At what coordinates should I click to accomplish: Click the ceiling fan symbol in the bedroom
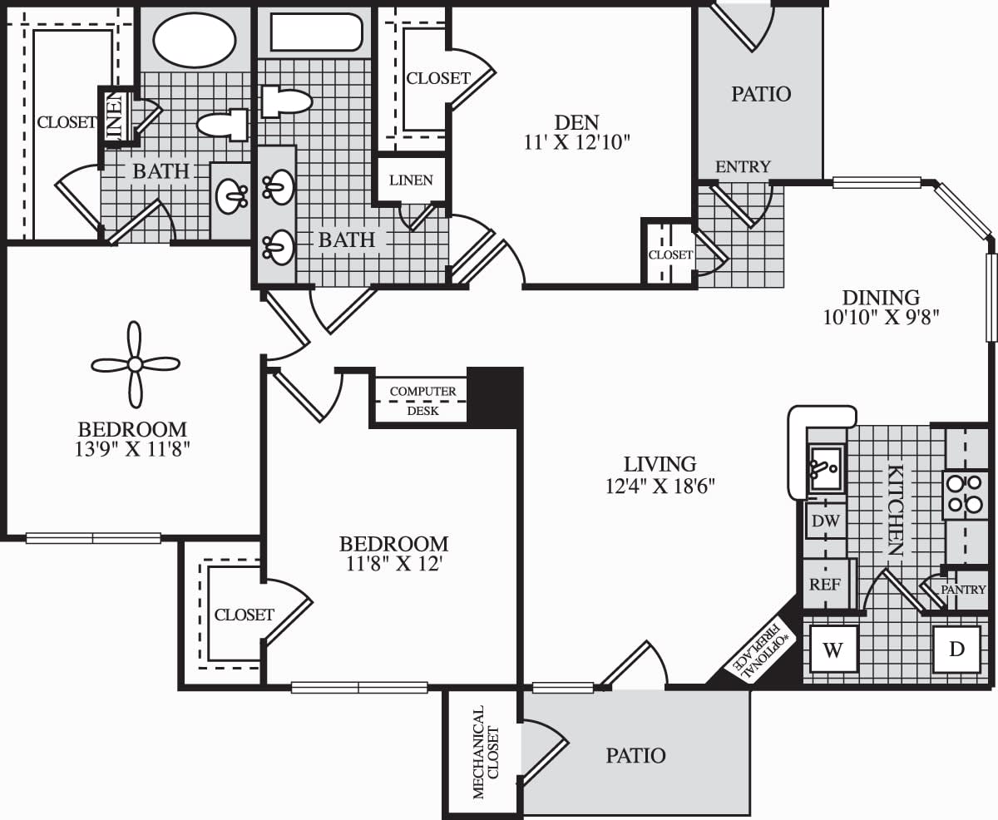pos(135,363)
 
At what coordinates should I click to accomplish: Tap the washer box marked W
pos(833,650)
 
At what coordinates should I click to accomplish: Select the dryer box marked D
pos(956,649)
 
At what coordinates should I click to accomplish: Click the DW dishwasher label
pos(825,521)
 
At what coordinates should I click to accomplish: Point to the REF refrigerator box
pos(824,583)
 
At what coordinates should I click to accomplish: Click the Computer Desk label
pos(422,400)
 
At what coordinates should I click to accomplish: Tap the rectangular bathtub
pos(316,32)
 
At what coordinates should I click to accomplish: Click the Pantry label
pos(962,589)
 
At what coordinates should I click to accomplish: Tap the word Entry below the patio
pos(743,166)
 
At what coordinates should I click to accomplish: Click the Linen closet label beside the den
pos(411,180)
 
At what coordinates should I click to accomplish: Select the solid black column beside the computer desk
pos(495,395)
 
